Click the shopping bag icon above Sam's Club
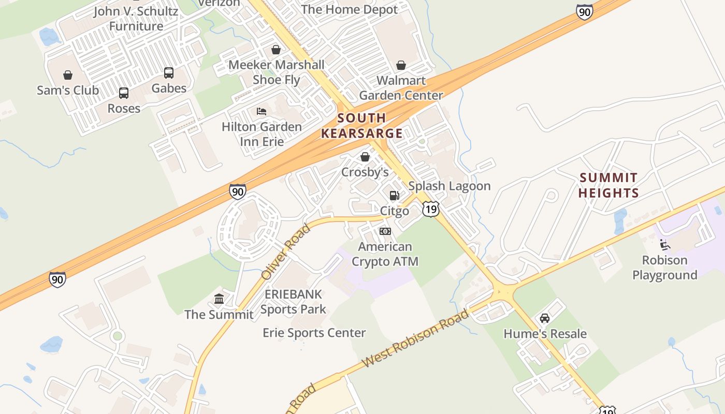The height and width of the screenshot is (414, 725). (x=68, y=76)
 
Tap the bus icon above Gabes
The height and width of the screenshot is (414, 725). (x=169, y=73)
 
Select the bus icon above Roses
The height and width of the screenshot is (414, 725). (x=124, y=93)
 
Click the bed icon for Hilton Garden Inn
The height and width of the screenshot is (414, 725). (x=262, y=111)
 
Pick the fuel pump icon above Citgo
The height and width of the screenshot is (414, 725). (x=395, y=196)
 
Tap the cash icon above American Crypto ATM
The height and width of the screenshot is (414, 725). (x=385, y=231)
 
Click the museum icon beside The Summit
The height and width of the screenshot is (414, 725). (x=219, y=299)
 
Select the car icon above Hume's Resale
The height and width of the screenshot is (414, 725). (x=545, y=318)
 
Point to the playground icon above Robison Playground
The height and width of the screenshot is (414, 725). (x=665, y=245)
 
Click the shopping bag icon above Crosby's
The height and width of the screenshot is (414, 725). (x=365, y=157)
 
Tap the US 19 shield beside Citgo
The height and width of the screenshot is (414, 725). (x=430, y=209)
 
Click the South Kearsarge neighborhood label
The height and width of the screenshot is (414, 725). (x=361, y=126)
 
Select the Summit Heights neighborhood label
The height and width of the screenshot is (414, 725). (x=608, y=185)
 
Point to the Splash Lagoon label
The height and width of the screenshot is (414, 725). (x=449, y=186)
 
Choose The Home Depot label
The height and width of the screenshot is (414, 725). (x=349, y=9)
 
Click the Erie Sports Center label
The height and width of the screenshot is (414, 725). (x=314, y=333)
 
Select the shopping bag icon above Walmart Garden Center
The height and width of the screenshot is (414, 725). (x=401, y=65)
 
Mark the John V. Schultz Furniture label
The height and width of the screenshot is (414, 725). (x=136, y=19)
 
